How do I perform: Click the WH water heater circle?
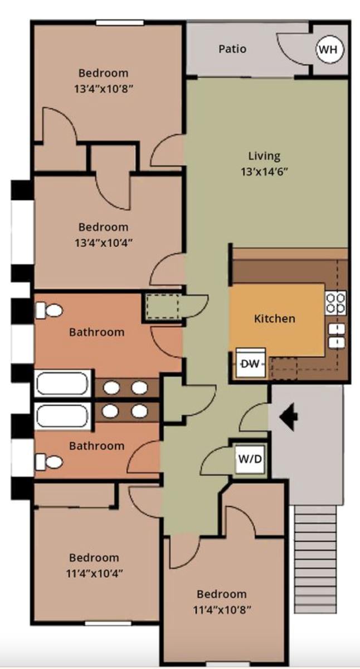pos(329,49)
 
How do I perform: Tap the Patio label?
pos(232,49)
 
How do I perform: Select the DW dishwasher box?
pos(250,363)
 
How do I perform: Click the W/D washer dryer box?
pos(250,459)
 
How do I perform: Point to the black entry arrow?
pos(289,416)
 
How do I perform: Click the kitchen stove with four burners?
pos(336,303)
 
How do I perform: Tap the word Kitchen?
pos(275,318)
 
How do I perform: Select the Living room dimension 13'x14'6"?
pos(264,172)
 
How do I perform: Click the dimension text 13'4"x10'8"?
pos(103,89)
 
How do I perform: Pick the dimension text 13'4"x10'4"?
pos(103,243)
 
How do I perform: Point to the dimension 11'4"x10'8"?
pos(221,609)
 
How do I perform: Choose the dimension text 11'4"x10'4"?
pos(94,573)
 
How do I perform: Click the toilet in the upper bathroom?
pos(49,311)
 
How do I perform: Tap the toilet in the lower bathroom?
pos(49,462)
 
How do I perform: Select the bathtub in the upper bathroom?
pos(62,384)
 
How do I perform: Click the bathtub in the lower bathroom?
pos(62,416)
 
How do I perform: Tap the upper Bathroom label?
pos(97,332)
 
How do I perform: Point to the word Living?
pos(264,156)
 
